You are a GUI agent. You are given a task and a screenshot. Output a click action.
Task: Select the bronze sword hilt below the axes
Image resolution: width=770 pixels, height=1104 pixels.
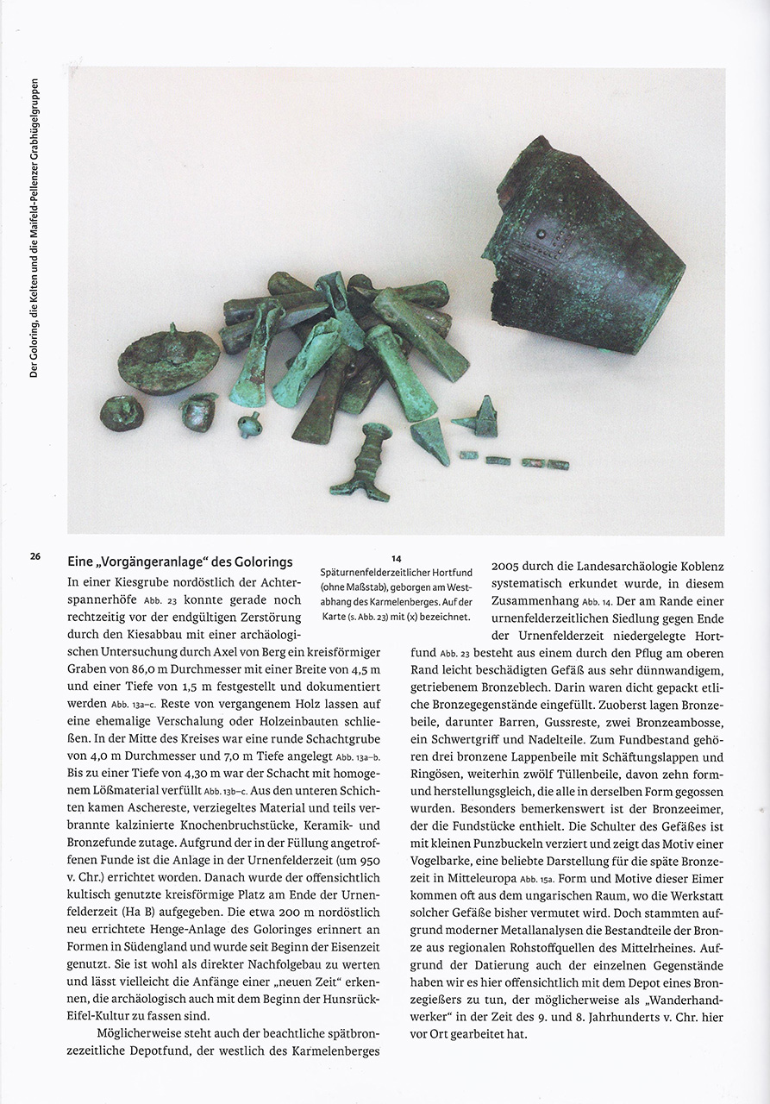[x=363, y=462]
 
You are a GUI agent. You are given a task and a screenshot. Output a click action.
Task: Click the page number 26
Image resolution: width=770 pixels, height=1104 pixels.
[x=34, y=556]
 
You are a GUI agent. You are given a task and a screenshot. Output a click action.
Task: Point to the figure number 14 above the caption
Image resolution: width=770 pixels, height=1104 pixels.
[x=396, y=559]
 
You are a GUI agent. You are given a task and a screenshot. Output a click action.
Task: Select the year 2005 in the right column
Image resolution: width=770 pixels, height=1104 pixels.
[x=507, y=567]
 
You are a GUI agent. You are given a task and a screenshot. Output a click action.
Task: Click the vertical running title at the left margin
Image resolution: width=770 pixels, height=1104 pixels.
[x=34, y=229]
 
